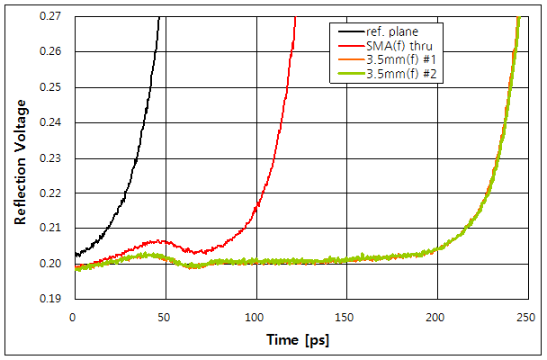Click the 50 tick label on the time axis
point(164,317)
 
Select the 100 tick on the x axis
point(256,317)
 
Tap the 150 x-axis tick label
point(346,317)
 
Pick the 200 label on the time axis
point(437,317)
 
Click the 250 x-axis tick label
point(528,317)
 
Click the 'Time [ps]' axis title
point(299,341)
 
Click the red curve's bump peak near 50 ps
point(159,240)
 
